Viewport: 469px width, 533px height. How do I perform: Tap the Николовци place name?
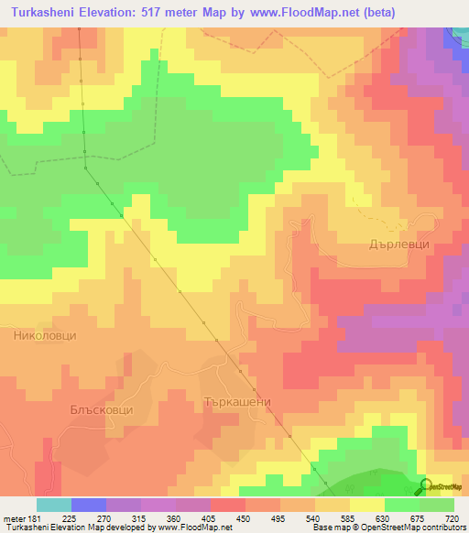pyautogui.click(x=45, y=336)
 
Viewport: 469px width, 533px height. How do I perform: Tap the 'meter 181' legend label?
pyautogui.click(x=20, y=518)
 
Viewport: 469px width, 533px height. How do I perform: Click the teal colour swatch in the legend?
pyautogui.click(x=54, y=505)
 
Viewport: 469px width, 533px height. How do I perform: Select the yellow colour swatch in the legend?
pyautogui.click(x=367, y=505)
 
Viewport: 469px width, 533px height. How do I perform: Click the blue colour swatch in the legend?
pyautogui.click(x=89, y=505)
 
